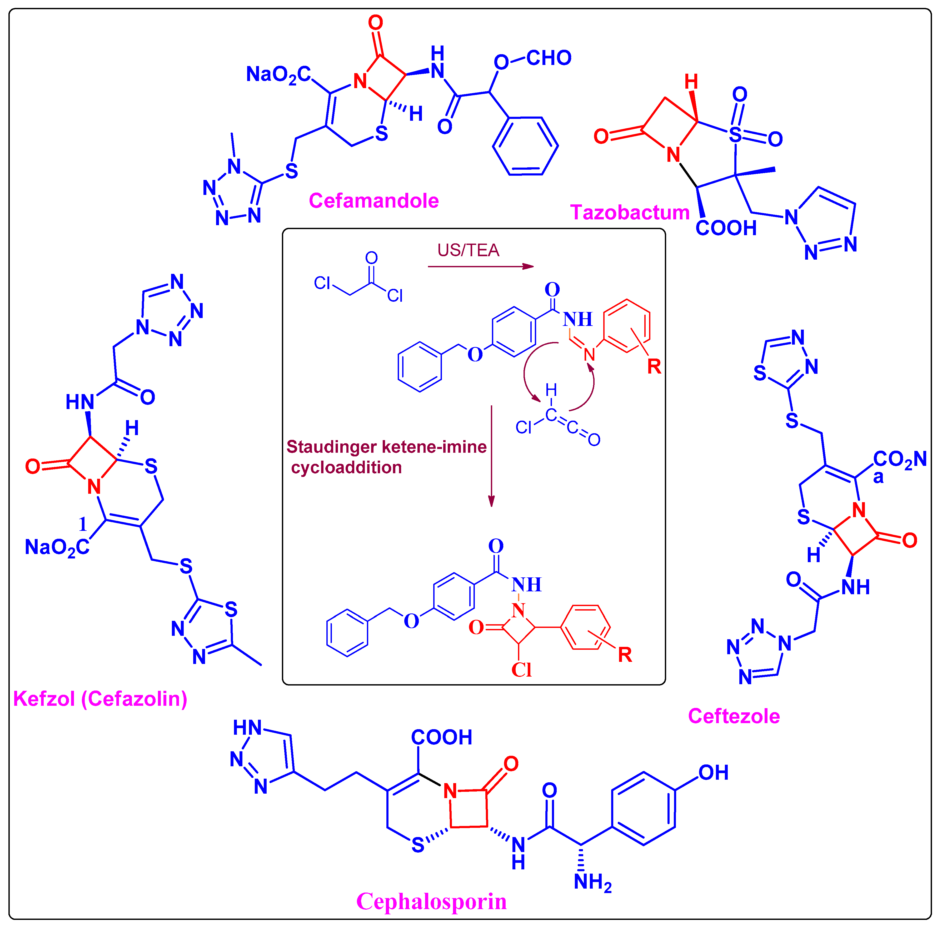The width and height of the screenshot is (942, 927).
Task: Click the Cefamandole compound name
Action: [373, 201]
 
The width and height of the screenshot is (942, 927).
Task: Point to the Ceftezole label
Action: [734, 716]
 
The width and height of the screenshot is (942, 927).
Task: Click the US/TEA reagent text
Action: [468, 250]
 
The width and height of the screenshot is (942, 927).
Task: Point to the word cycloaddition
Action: [346, 467]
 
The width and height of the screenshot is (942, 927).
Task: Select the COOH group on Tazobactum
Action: [726, 228]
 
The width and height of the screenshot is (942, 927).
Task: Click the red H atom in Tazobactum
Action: [691, 82]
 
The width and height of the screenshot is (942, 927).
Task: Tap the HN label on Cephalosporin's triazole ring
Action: [247, 728]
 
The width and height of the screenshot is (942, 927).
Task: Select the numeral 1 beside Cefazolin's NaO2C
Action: [83, 524]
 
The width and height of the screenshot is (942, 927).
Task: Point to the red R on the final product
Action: [625, 655]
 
